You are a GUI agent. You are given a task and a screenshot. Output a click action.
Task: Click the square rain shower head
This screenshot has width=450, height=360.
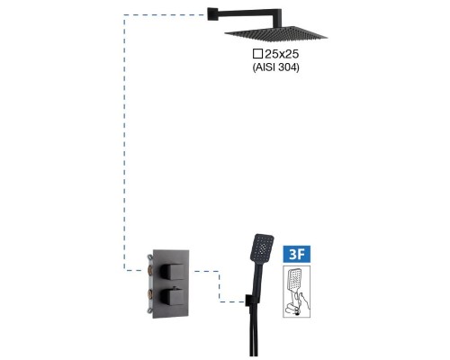(x=275, y=34)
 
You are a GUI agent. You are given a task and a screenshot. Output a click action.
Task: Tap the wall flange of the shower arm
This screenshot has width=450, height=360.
(x=211, y=13)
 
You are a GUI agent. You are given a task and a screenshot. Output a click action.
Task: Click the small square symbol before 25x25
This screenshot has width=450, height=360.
(x=257, y=54)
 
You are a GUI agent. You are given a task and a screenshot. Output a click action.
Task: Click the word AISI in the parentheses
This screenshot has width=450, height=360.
(x=265, y=67)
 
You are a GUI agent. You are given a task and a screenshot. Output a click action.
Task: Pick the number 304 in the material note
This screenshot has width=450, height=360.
(x=286, y=67)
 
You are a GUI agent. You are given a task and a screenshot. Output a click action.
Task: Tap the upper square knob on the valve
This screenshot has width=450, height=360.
(x=172, y=271)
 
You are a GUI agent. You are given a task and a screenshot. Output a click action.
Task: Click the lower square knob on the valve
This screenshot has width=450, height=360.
(x=172, y=296)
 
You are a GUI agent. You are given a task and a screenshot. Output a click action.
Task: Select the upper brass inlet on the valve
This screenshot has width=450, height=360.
(x=150, y=270)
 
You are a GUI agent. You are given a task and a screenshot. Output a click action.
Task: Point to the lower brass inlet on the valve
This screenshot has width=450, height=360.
(x=150, y=294)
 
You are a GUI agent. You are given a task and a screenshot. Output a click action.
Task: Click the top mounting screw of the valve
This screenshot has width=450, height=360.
(x=150, y=257)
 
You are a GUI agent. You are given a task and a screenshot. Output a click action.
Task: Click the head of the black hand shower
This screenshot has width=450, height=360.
(x=262, y=247)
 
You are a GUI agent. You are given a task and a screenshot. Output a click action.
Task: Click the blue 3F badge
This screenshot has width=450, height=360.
(x=297, y=254)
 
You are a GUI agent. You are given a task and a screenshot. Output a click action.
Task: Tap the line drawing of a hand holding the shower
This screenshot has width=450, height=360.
(x=297, y=291)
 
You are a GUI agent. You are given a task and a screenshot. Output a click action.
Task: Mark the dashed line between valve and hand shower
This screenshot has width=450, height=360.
(x=220, y=286)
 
